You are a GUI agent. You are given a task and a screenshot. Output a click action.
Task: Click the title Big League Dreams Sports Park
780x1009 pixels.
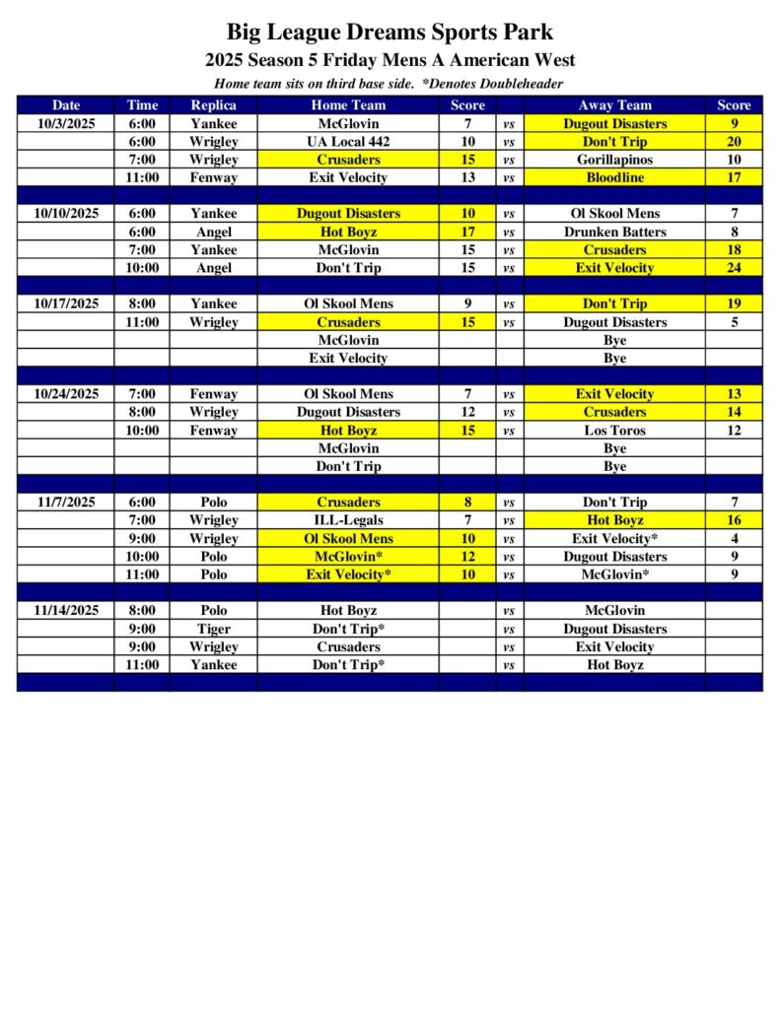(x=390, y=33)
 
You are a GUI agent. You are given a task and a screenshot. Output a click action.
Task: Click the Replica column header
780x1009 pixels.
(x=213, y=105)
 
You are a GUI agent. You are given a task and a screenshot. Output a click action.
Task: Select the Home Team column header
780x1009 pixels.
(x=348, y=105)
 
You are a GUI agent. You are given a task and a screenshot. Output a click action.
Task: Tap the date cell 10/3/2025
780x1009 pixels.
(x=66, y=124)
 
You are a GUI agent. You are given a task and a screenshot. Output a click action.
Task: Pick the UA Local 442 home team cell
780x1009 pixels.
(x=348, y=142)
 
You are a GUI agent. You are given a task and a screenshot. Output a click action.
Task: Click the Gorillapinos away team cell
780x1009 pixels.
(x=614, y=160)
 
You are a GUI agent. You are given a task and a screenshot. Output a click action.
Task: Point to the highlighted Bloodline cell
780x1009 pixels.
(x=614, y=178)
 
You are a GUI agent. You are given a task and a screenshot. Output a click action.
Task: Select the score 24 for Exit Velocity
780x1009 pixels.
(x=734, y=268)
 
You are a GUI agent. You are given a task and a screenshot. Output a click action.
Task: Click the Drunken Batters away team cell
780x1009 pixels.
(x=614, y=232)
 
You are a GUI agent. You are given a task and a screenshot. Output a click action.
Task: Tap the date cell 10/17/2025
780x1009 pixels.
(x=66, y=303)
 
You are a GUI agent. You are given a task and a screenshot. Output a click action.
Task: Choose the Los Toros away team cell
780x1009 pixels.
(x=614, y=431)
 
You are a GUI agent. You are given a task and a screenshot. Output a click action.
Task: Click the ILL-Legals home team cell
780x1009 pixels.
(x=348, y=520)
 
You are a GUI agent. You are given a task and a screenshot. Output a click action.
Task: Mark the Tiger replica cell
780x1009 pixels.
(x=213, y=629)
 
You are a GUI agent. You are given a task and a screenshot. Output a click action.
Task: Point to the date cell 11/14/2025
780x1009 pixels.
(x=66, y=610)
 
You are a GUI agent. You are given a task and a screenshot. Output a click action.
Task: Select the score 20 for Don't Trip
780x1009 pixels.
(x=734, y=142)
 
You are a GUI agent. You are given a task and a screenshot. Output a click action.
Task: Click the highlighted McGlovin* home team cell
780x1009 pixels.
(x=348, y=557)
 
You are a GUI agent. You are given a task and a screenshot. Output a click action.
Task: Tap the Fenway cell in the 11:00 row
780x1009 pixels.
(x=213, y=178)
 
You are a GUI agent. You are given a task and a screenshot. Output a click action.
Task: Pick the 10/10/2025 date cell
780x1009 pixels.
(x=66, y=213)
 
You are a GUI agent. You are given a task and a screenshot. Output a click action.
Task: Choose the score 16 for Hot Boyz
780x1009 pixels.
(x=734, y=520)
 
